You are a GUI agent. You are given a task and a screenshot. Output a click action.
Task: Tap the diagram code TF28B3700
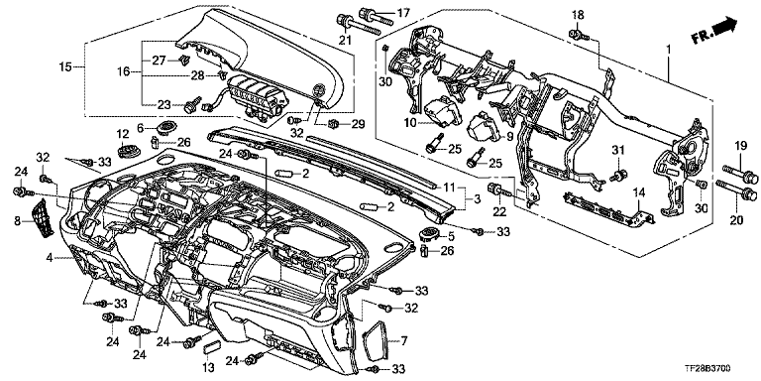(x=710, y=370)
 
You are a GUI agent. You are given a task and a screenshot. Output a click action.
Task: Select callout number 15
(x=65, y=66)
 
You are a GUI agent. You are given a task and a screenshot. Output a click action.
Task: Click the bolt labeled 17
(x=376, y=15)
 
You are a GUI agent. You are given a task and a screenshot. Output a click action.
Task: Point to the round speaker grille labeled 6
(x=166, y=128)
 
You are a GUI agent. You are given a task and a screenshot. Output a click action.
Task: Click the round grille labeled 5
(x=428, y=234)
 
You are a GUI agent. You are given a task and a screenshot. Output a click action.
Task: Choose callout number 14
(x=640, y=193)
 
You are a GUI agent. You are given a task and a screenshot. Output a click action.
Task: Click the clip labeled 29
(x=334, y=124)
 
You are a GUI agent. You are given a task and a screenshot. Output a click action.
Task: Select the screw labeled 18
(x=578, y=34)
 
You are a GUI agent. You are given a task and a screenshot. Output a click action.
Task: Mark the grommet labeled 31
(x=620, y=175)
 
